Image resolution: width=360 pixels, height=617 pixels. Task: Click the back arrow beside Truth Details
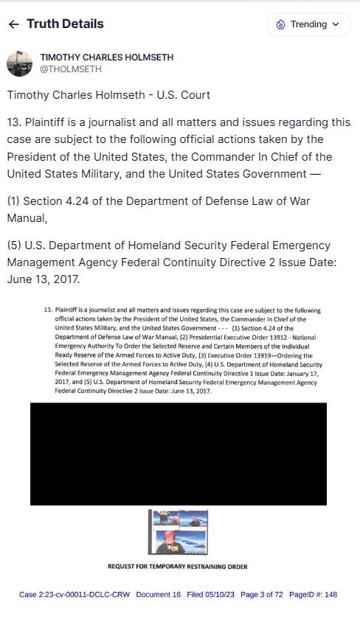point(13,24)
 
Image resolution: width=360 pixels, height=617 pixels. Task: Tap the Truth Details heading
point(65,24)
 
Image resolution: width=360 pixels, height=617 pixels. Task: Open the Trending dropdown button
point(308,24)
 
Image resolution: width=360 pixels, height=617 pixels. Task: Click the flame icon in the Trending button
point(280,24)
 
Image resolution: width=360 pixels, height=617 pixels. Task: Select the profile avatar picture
point(19,63)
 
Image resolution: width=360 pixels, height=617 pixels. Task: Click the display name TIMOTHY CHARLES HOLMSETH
point(107,57)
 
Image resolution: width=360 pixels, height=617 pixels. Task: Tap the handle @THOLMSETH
point(71,69)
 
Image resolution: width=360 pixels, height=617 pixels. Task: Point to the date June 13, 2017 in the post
point(46,281)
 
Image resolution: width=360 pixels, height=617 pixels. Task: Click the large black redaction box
point(178,453)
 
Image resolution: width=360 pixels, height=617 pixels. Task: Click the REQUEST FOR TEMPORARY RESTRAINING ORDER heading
point(178,567)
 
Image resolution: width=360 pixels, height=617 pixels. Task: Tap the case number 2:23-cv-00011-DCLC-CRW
point(83,594)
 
